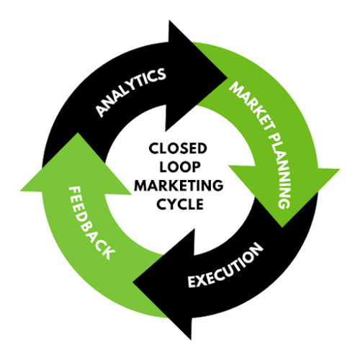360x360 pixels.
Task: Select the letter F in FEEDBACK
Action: (x=74, y=193)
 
